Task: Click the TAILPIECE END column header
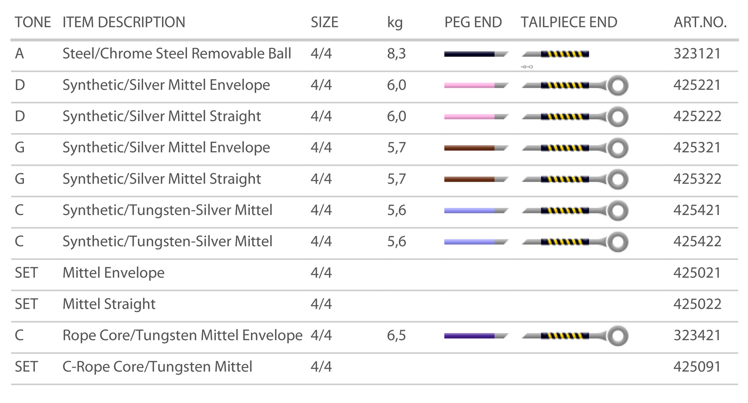(x=569, y=22)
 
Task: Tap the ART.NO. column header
(x=700, y=22)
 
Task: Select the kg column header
(x=394, y=22)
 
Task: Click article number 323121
(x=697, y=53)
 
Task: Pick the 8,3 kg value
(x=396, y=53)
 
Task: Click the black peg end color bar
(x=470, y=54)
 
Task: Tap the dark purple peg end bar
(x=470, y=336)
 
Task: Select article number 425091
(x=697, y=367)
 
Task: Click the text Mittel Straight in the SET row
(x=109, y=304)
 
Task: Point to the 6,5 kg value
(x=396, y=336)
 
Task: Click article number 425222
(x=697, y=116)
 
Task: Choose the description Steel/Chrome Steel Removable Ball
(x=177, y=53)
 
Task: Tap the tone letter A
(x=19, y=53)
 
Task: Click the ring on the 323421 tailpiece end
(x=618, y=336)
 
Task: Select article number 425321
(x=697, y=148)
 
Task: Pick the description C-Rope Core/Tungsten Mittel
(x=157, y=367)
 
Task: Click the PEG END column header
(x=473, y=22)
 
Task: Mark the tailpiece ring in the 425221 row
(x=618, y=85)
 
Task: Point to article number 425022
(x=697, y=304)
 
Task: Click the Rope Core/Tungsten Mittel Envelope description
(x=182, y=336)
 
